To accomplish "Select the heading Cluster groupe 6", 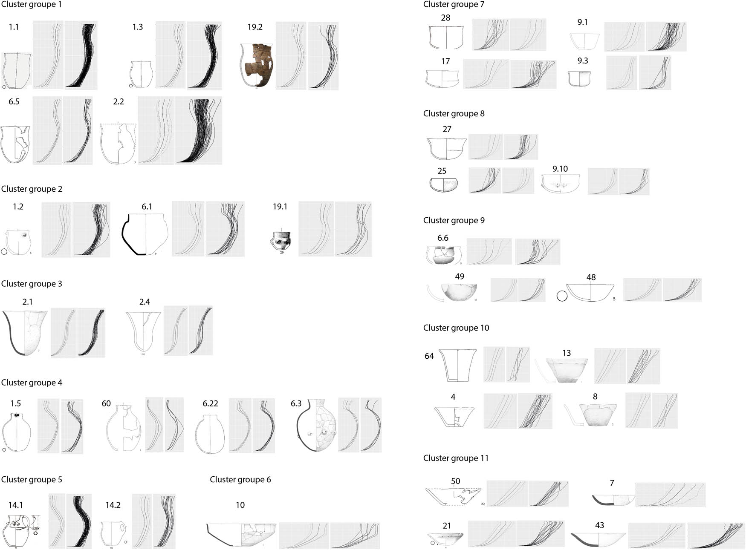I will click(x=240, y=480).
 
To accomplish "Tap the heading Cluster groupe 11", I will click(x=456, y=458).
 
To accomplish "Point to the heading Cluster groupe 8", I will click(x=454, y=114).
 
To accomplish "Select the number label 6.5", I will click(x=14, y=102).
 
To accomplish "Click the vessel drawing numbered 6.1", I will click(x=146, y=234).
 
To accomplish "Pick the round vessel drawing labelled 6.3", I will click(x=316, y=426).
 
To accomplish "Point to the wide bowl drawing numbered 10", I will click(x=241, y=535).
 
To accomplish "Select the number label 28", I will click(x=445, y=18).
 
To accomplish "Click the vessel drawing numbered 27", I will click(x=446, y=148).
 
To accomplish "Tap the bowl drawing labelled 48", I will click(x=590, y=293).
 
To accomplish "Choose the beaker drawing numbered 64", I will click(x=457, y=366).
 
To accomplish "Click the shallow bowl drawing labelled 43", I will click(x=599, y=539).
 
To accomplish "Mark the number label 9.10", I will click(x=560, y=169).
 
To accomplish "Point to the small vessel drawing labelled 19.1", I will click(x=281, y=241).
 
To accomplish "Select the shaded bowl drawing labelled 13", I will click(x=567, y=371).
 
